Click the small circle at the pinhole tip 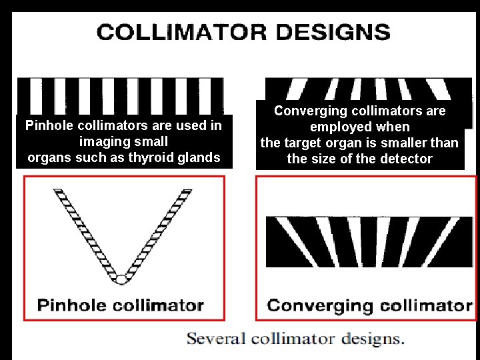pos(121,279)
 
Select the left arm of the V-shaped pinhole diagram pos(84,230)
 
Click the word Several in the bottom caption pos(217,338)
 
